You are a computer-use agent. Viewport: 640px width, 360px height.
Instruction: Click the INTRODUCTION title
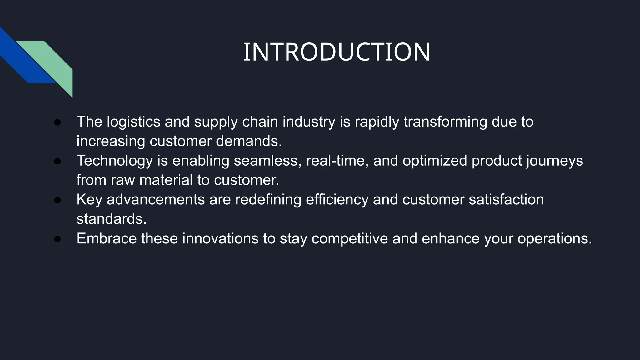click(337, 52)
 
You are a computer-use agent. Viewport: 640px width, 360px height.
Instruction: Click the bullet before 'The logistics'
click(57, 122)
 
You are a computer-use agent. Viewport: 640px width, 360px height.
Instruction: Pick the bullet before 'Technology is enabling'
click(57, 161)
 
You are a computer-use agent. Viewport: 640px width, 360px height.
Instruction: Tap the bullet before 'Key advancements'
click(57, 200)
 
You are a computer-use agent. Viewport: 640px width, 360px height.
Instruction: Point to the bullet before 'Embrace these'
click(57, 239)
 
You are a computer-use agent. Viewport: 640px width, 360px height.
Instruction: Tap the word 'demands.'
click(249, 141)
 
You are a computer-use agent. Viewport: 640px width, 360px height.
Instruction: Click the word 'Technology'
click(115, 161)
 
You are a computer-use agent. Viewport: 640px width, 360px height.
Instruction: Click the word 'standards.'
click(112, 219)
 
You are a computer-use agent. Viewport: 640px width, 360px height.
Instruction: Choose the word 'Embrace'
click(107, 238)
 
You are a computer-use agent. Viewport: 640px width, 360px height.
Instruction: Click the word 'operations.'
click(555, 239)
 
